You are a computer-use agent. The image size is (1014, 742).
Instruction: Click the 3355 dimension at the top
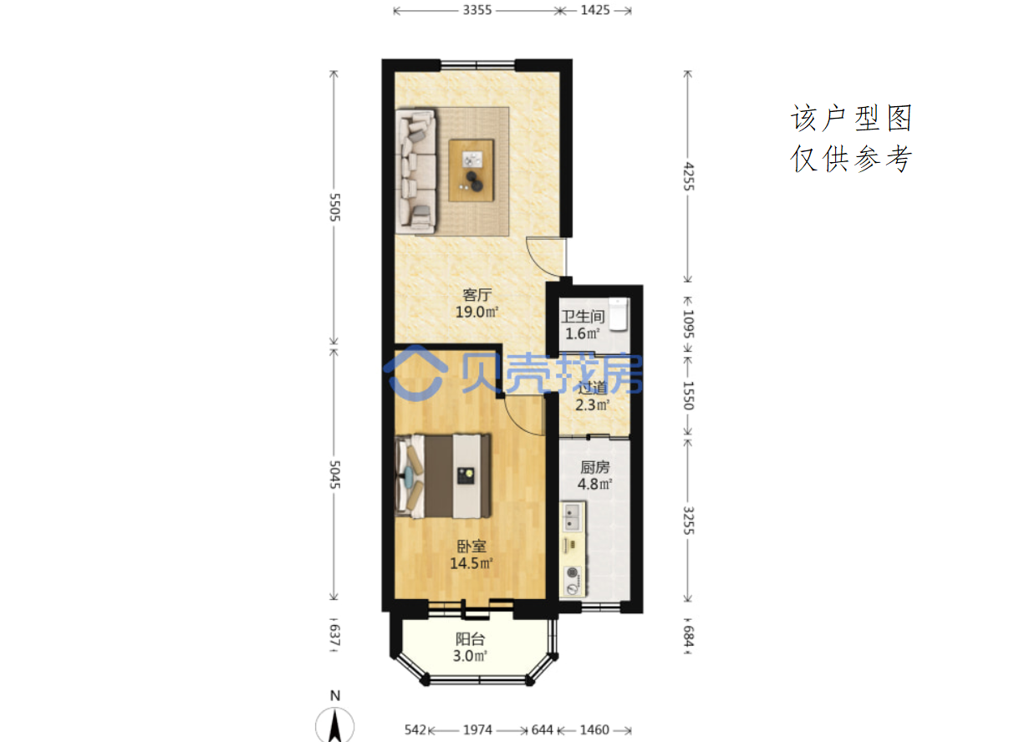pyautogui.click(x=477, y=10)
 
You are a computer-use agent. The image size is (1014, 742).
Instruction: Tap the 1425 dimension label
pyautogui.click(x=595, y=10)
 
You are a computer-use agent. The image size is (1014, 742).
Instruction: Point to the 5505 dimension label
pyautogui.click(x=334, y=207)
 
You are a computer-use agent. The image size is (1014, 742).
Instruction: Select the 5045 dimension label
pyautogui.click(x=334, y=475)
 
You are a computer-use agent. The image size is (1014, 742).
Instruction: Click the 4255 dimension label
pyautogui.click(x=688, y=176)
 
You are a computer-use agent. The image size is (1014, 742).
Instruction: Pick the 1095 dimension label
pyautogui.click(x=688, y=324)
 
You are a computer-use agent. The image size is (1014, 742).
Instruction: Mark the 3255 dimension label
pyautogui.click(x=688, y=521)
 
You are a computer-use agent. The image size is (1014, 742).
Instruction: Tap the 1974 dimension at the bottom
pyautogui.click(x=477, y=729)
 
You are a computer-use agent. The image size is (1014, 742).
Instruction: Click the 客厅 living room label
pyautogui.click(x=476, y=295)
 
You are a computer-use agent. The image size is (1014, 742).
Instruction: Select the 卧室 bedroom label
pyautogui.click(x=471, y=546)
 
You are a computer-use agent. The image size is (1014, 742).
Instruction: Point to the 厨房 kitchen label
pyautogui.click(x=595, y=467)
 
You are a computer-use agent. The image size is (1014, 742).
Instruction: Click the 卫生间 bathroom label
pyautogui.click(x=583, y=317)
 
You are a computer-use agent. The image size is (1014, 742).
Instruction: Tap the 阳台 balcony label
pyautogui.click(x=471, y=639)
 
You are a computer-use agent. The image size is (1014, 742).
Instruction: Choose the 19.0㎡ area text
pyautogui.click(x=476, y=312)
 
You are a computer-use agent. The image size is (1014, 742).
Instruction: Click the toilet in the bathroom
pyautogui.click(x=619, y=313)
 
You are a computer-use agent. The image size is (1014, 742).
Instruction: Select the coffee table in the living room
pyautogui.click(x=471, y=170)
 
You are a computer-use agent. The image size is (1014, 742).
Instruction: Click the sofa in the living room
pyautogui.click(x=416, y=170)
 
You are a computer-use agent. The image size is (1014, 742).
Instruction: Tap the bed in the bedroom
pyautogui.click(x=443, y=476)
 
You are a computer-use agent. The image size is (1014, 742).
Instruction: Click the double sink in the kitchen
pyautogui.click(x=572, y=516)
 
